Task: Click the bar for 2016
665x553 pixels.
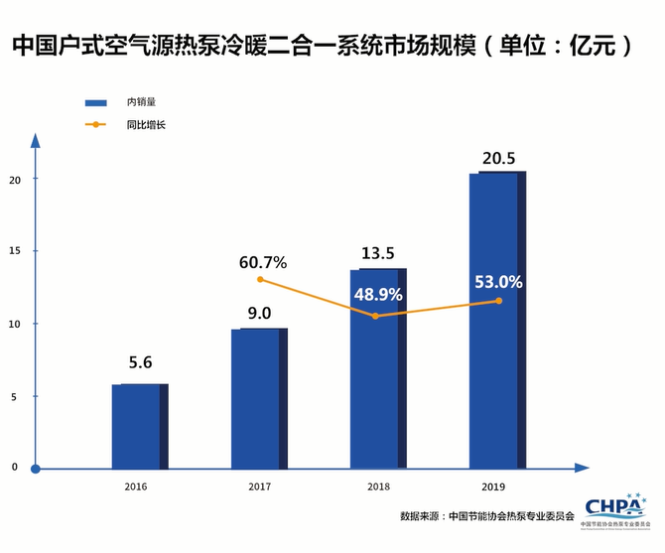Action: click(139, 425)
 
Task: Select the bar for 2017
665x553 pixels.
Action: click(258, 397)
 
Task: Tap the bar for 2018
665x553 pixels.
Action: click(378, 367)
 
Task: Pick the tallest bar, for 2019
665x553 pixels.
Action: click(496, 318)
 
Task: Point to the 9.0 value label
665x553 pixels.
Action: click(259, 313)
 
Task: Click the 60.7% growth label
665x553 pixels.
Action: click(263, 262)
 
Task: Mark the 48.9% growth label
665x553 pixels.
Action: click(376, 295)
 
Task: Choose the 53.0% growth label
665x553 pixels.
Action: click(498, 282)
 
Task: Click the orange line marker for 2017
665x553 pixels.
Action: click(260, 279)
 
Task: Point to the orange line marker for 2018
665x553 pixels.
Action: click(375, 316)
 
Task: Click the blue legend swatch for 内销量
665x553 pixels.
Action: click(95, 103)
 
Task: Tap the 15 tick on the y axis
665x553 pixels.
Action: click(13, 251)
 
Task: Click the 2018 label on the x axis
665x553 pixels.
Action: click(378, 486)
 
